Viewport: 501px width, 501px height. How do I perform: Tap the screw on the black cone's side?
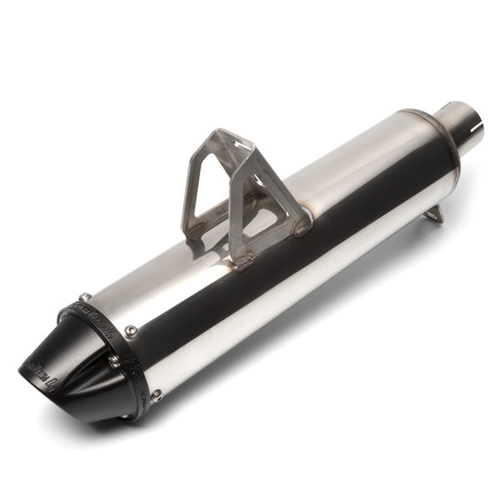pos(113,361)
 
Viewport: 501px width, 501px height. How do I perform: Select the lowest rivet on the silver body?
pos(155,394)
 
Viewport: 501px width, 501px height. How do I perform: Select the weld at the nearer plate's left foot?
pos(242,262)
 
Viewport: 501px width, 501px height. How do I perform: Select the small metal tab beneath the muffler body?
pos(433,215)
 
